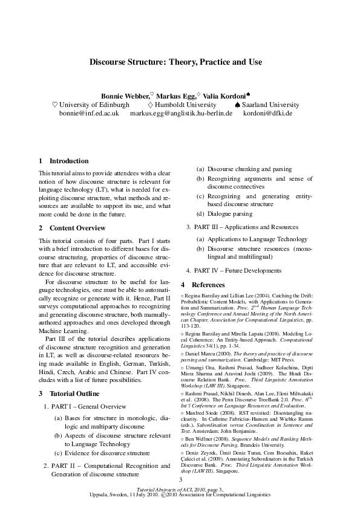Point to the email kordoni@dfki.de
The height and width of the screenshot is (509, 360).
pyautogui.click(x=267, y=113)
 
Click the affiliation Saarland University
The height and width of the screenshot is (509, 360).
pyautogui.click(x=271, y=105)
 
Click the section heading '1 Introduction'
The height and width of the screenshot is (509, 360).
pyautogui.click(x=64, y=161)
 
